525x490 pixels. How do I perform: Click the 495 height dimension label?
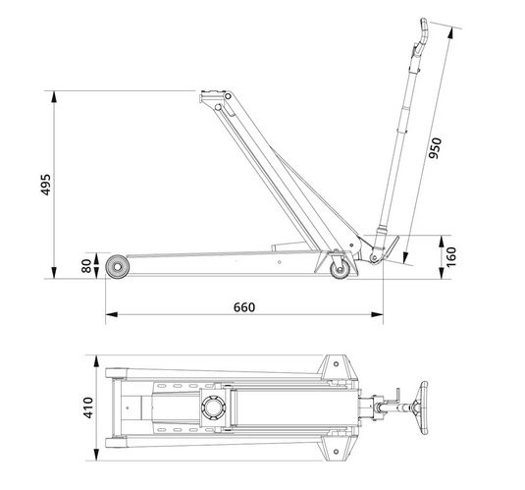45,185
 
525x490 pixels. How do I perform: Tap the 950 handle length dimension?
436,148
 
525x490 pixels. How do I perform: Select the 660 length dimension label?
244,307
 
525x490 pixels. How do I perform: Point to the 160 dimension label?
451,256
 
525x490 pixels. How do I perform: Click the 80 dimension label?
86,266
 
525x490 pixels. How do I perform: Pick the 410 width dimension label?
88,408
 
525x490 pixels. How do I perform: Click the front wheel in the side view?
117,267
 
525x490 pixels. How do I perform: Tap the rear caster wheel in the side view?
340,269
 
